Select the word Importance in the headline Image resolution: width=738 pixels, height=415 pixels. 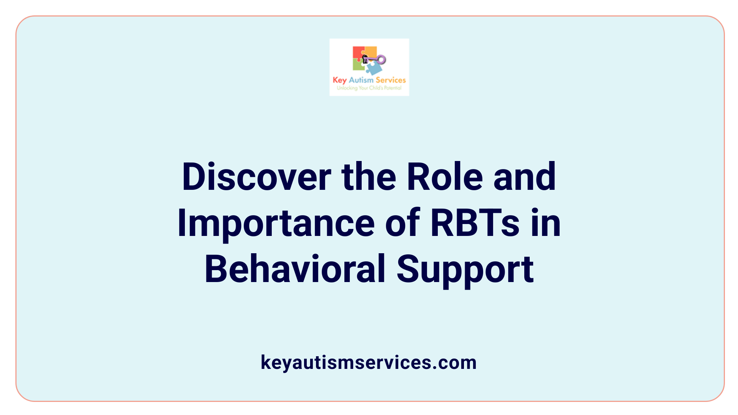pos(276,223)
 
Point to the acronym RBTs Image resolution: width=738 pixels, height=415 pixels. pos(475,223)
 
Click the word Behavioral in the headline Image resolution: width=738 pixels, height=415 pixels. pos(295,269)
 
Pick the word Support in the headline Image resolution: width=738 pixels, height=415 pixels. pos(465,269)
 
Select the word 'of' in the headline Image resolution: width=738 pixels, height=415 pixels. pos(402,223)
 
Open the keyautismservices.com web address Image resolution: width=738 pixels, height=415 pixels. pos(369,362)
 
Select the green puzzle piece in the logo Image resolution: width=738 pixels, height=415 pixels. pos(358,66)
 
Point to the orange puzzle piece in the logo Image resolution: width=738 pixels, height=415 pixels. pos(371,51)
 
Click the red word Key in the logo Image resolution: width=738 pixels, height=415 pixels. pos(339,80)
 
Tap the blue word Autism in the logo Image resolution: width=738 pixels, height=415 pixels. pos(361,80)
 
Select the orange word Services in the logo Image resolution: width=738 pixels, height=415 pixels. pos(391,80)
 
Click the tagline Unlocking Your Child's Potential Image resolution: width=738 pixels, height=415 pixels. pos(369,88)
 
